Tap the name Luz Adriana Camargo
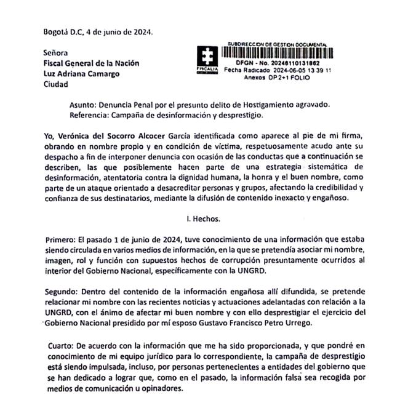point(80,74)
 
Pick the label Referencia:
point(92,116)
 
